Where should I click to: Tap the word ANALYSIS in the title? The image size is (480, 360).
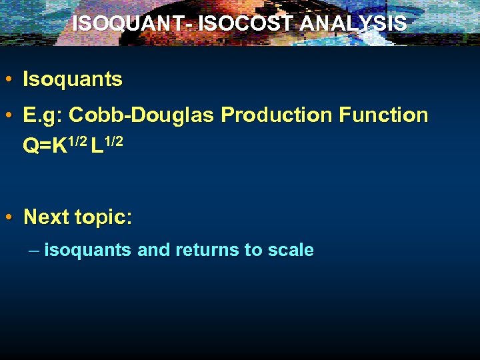click(353, 23)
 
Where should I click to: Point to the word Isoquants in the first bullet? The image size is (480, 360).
click(73, 80)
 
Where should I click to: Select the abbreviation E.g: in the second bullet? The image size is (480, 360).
click(43, 116)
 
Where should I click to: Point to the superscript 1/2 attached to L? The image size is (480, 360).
click(113, 140)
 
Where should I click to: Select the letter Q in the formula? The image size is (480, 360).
click(30, 145)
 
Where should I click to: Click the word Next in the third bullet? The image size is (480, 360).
click(47, 217)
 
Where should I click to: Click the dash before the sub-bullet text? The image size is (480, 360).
click(35, 251)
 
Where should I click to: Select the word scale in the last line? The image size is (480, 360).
click(290, 251)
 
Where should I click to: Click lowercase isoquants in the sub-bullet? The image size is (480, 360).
click(88, 251)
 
